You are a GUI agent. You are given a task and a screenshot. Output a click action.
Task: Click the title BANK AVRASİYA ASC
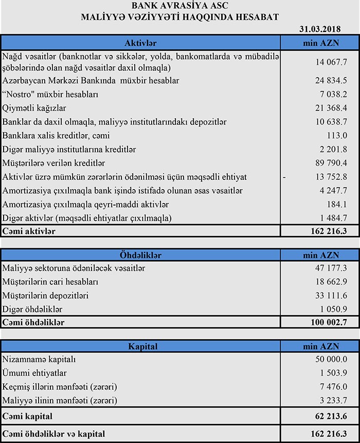180,6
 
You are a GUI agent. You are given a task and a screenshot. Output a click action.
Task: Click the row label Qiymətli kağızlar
35,108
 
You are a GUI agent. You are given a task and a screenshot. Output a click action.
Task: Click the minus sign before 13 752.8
284,177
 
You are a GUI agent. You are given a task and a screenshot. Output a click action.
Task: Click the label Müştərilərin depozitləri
46,296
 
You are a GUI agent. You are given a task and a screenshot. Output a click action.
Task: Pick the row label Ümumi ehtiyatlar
34,373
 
